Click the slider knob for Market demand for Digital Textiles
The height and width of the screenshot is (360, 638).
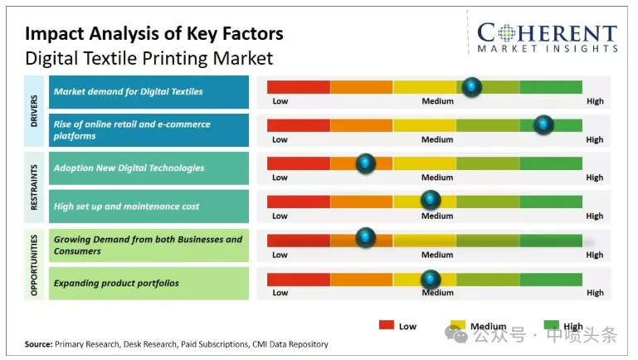click(x=471, y=86)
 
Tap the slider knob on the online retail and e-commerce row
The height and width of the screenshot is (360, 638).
click(x=543, y=124)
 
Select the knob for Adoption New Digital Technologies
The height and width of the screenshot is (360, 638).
click(x=365, y=163)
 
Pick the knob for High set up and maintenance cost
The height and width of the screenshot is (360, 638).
click(x=431, y=199)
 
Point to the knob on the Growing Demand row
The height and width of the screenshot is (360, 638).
click(x=365, y=237)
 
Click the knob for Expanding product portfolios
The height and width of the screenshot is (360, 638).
click(x=431, y=279)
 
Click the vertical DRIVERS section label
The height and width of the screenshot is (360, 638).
click(x=34, y=110)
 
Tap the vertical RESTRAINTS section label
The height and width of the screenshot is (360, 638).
click(x=34, y=187)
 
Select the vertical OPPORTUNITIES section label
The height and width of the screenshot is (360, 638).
click(x=34, y=265)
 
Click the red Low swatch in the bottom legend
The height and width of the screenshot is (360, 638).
click(x=386, y=324)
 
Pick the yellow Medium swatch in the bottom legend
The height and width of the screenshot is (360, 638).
click(x=458, y=324)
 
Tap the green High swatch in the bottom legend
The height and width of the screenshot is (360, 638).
click(x=551, y=324)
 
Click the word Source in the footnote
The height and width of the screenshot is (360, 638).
click(x=39, y=344)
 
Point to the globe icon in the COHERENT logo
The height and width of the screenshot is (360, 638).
click(x=507, y=33)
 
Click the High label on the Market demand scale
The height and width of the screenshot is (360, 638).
click(x=595, y=101)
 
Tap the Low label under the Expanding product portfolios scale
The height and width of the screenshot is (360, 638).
click(x=280, y=293)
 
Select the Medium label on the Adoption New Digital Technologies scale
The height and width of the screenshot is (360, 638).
click(x=437, y=178)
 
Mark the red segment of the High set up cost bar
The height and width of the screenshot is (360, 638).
click(x=298, y=202)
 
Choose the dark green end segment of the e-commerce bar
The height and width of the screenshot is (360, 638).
click(x=551, y=125)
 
